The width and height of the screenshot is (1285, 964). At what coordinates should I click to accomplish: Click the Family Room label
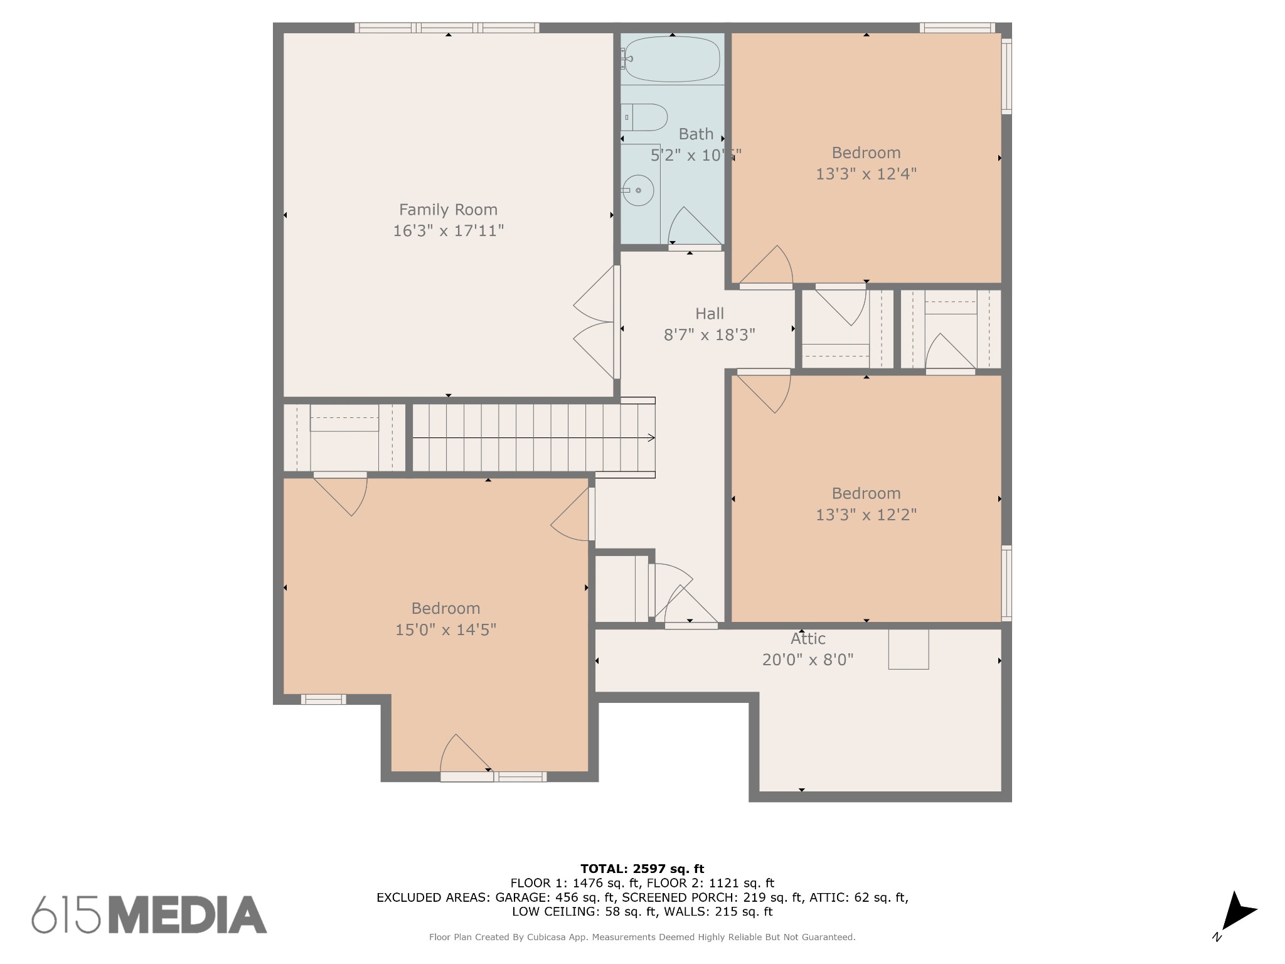pos(448,210)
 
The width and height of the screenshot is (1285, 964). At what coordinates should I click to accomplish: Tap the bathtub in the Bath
pos(672,59)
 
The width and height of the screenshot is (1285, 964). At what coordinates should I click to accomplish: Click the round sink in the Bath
pos(639,190)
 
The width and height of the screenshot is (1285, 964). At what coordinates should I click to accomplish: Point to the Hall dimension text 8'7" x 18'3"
pos(709,335)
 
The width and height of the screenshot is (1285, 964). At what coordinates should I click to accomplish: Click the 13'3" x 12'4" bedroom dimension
pos(866,174)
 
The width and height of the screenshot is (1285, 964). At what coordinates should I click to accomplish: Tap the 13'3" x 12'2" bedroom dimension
pos(866,515)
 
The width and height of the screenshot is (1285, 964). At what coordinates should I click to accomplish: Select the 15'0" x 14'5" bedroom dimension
pos(445,629)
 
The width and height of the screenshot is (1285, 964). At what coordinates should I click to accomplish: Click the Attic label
pos(808,639)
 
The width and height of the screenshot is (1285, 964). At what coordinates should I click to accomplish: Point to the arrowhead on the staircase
pos(652,437)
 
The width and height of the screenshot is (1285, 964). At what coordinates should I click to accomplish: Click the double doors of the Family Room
pos(595,322)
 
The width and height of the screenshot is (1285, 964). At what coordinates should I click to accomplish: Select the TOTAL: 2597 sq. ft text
pos(642,869)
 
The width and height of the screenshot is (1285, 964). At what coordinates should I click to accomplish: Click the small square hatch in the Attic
pos(908,649)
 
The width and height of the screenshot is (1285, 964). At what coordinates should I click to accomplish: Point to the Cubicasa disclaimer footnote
pos(642,937)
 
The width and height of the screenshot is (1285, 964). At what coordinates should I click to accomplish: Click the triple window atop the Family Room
pos(447,28)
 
